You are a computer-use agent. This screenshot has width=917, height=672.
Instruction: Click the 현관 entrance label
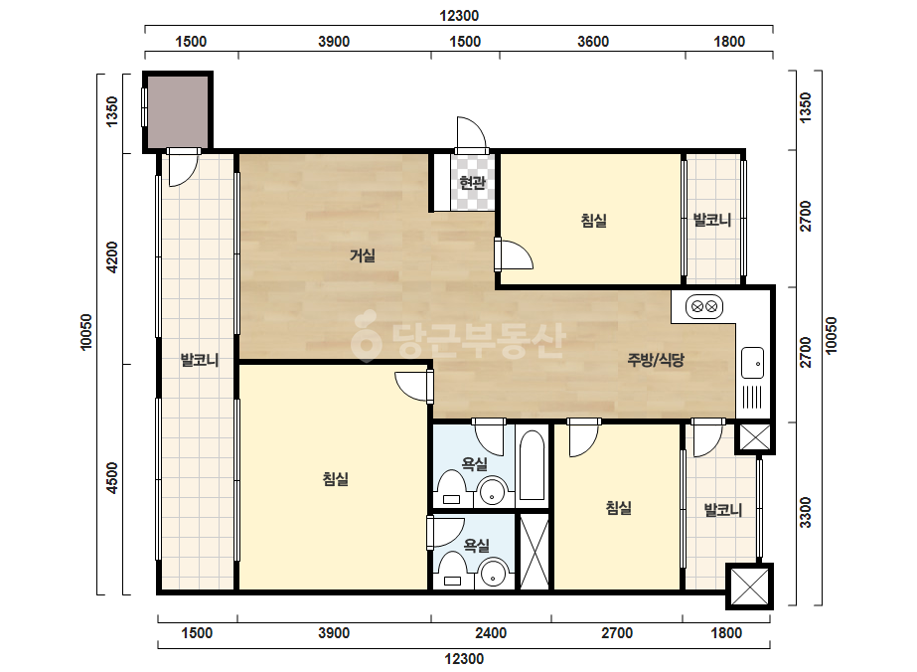[473, 183]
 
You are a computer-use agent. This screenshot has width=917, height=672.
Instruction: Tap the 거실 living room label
[363, 255]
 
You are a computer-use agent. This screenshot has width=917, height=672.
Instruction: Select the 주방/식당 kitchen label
[656, 360]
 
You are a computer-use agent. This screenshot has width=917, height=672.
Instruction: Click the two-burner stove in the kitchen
[704, 306]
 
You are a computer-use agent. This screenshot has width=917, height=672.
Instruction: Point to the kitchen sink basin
[753, 363]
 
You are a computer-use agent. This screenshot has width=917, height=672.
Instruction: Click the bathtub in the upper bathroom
[532, 465]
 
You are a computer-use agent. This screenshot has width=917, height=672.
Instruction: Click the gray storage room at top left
[177, 111]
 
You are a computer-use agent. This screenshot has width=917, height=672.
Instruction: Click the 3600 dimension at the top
[593, 42]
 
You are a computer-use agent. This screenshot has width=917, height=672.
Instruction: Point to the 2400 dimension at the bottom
[491, 633]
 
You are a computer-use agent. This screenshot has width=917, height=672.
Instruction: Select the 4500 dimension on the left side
[111, 478]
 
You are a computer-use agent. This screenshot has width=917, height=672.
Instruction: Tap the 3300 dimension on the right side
[806, 512]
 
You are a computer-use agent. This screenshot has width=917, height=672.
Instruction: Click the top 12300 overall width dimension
[459, 16]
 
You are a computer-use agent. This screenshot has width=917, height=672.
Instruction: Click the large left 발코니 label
[200, 360]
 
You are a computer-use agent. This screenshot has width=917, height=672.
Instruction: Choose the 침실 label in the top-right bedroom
[593, 221]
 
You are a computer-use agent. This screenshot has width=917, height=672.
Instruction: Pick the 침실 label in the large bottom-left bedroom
[336, 479]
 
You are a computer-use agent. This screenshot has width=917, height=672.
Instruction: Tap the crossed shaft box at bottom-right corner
[750, 586]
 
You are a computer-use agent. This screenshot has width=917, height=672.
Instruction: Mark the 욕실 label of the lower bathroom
[477, 546]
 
